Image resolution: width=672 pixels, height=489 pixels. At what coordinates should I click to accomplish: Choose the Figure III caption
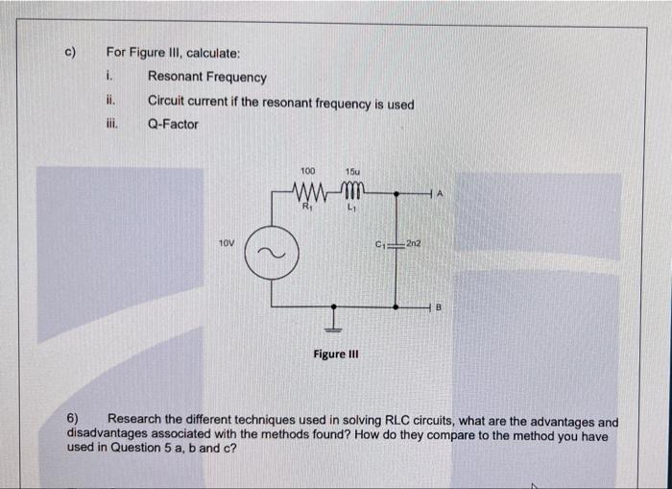click(335, 355)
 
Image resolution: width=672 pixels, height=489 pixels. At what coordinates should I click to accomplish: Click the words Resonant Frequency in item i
click(207, 78)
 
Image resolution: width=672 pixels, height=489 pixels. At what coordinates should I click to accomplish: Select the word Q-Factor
click(173, 124)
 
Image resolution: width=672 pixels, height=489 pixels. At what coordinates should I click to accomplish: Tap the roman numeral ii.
click(111, 101)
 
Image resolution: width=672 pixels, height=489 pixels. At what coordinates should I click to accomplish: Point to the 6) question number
click(73, 421)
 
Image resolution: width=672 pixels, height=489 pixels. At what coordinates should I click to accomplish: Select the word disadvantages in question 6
click(110, 434)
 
